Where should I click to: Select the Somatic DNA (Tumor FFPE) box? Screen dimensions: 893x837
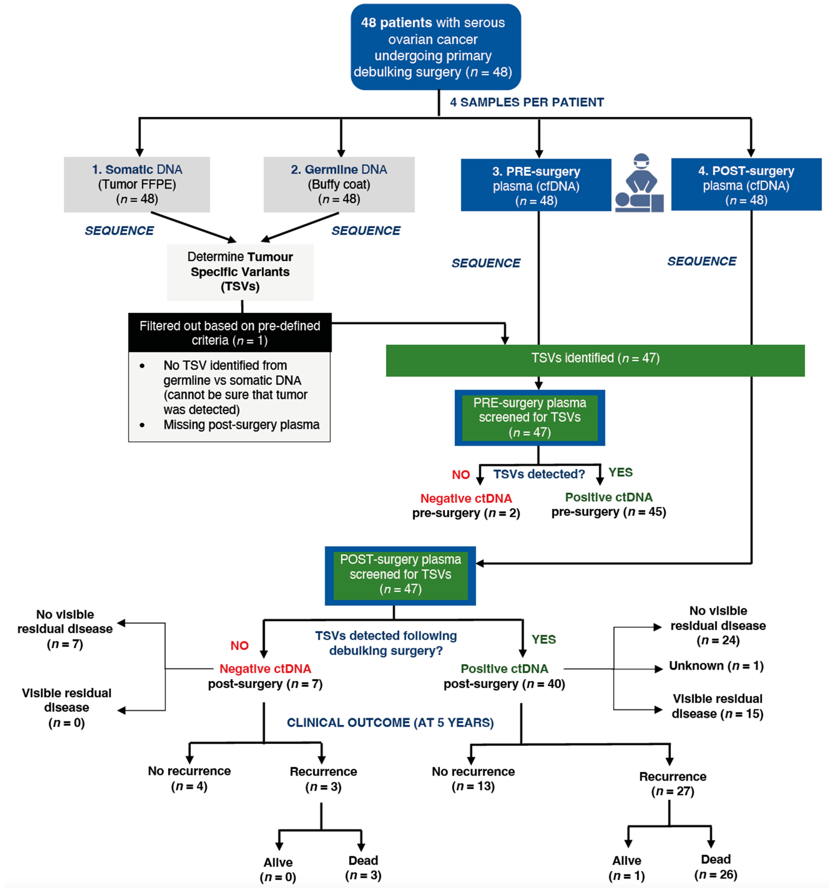[137, 184]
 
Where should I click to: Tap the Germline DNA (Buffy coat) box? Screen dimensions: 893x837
[339, 184]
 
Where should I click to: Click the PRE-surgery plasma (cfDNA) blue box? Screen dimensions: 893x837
[536, 185]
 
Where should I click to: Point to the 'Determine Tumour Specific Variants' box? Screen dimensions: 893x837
[240, 272]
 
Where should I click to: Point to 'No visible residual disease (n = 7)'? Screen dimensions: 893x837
[65, 629]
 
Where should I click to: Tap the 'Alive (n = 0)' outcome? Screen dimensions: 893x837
[278, 870]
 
